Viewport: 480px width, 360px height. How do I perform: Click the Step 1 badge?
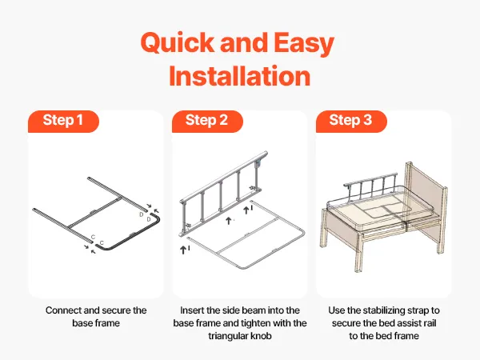63,122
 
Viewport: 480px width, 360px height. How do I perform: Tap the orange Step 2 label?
207,122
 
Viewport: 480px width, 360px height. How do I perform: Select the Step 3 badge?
351,122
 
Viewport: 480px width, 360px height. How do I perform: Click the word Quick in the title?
178,43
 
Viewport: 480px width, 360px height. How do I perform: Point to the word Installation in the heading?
240,76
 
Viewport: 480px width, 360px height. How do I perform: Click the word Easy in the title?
303,44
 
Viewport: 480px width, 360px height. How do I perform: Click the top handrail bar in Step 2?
223,177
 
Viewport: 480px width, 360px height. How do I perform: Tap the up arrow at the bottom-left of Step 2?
183,250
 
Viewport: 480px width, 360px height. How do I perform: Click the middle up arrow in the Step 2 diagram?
228,221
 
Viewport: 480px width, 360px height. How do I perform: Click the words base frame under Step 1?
96,323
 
